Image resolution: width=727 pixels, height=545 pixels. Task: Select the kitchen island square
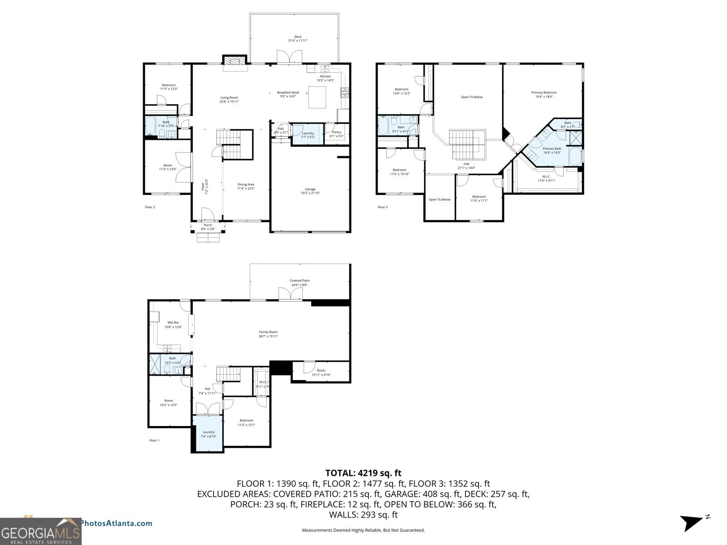317,97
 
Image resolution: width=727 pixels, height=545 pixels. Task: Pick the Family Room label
268,334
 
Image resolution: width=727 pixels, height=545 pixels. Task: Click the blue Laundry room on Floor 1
208,434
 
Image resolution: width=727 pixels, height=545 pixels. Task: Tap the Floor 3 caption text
383,207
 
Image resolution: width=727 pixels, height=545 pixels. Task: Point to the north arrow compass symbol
692,522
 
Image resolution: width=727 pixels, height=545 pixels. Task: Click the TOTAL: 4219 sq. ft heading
363,473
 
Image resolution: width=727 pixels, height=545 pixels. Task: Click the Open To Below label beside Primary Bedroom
472,97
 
